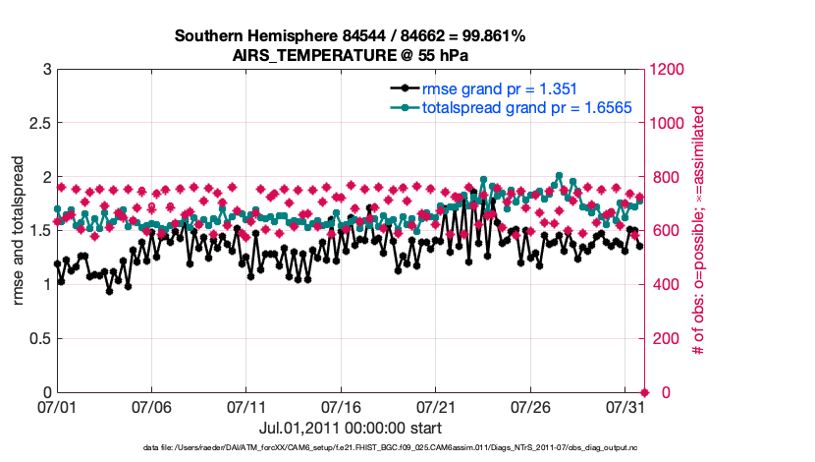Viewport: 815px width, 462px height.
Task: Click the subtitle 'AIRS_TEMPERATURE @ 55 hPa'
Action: (351, 55)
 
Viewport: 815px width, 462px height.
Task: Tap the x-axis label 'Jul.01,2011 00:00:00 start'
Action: (351, 428)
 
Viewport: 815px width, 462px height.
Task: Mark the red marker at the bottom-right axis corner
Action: (645, 392)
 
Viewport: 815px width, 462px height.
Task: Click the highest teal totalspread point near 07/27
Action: (559, 176)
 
